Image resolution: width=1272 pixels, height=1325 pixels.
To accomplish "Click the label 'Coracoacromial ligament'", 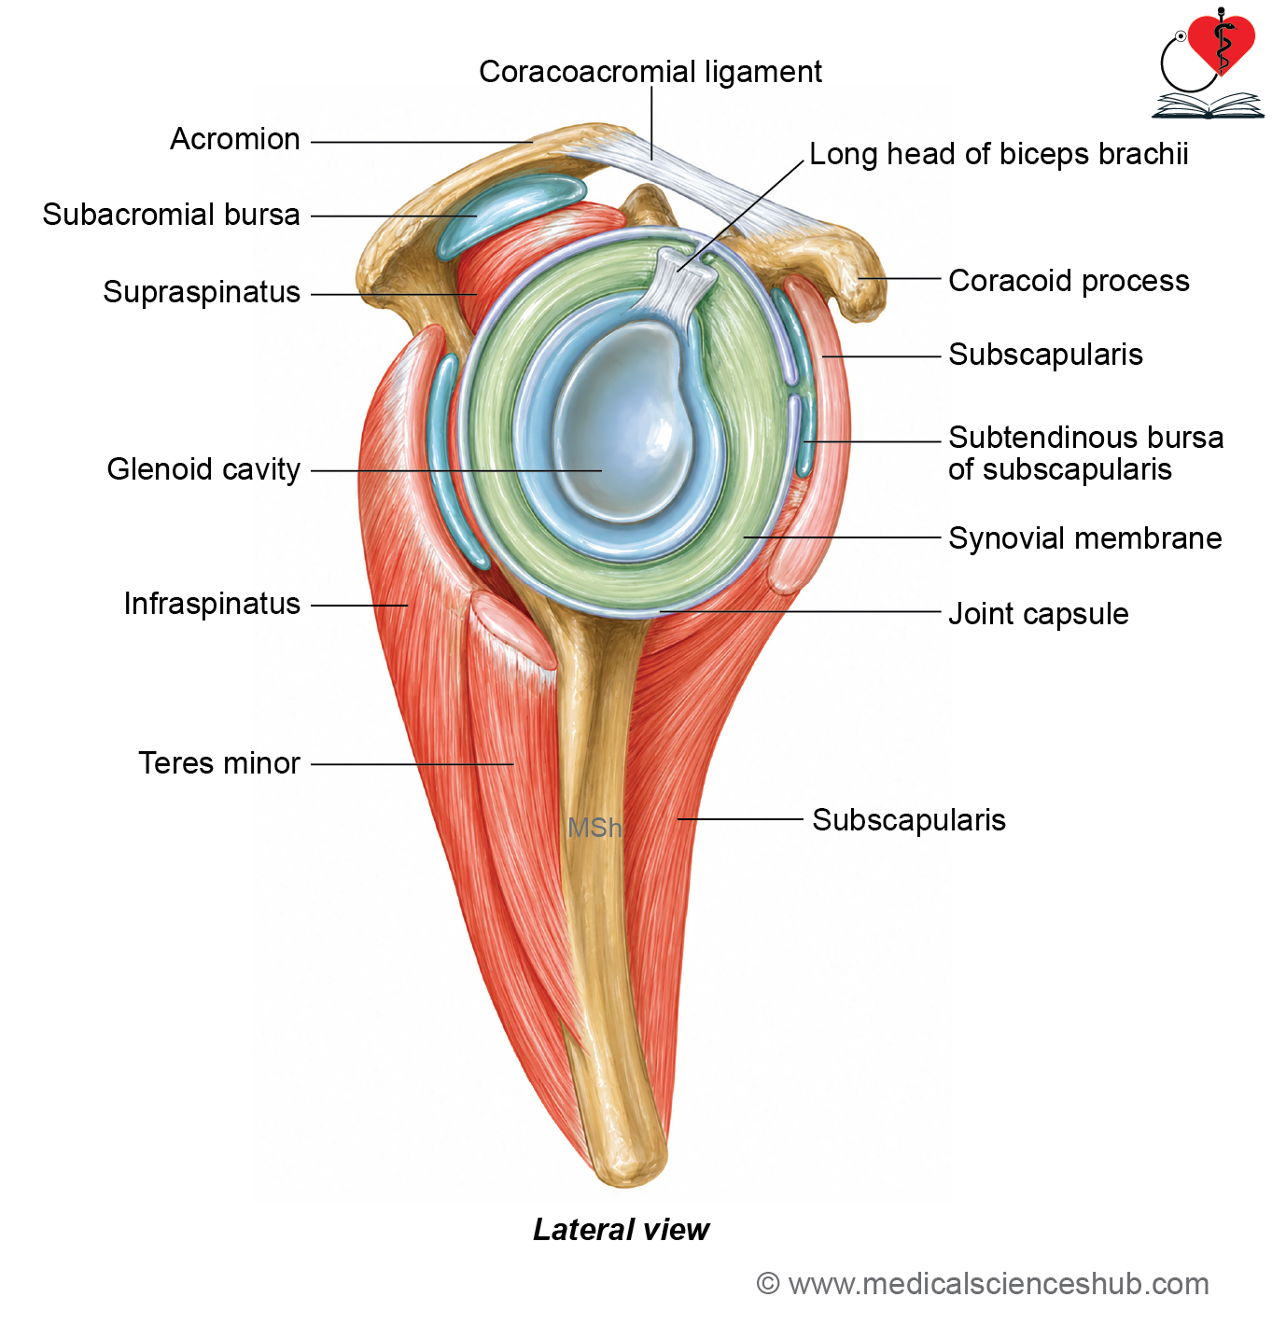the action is [650, 72].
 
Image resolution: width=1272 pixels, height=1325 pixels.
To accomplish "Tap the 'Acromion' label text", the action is [235, 139].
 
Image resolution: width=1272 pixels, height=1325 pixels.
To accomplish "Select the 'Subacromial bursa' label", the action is [171, 215].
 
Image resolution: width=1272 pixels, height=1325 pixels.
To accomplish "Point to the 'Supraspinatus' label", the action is [202, 292].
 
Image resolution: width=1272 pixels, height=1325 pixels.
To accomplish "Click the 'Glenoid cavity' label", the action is [203, 469].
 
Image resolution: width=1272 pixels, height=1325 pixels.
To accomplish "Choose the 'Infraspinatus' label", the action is [212, 604].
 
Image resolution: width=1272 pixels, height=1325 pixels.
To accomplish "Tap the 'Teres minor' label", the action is [219, 762].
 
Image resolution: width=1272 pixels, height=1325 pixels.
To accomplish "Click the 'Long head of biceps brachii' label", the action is [999, 155].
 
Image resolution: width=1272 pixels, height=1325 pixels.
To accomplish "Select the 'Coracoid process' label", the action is [1069, 281].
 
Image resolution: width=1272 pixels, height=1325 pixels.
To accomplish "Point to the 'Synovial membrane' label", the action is [1085, 537].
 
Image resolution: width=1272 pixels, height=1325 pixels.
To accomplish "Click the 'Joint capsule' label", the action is [1039, 614].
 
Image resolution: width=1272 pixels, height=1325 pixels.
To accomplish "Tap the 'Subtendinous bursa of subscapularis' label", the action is [1086, 453].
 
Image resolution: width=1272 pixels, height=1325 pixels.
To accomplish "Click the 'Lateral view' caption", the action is [621, 1229].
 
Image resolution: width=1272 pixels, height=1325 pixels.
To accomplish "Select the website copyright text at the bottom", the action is [983, 1284].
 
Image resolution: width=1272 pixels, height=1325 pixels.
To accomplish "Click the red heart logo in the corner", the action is [1221, 45].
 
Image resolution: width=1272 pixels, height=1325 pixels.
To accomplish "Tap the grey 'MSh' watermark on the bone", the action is [594, 828].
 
